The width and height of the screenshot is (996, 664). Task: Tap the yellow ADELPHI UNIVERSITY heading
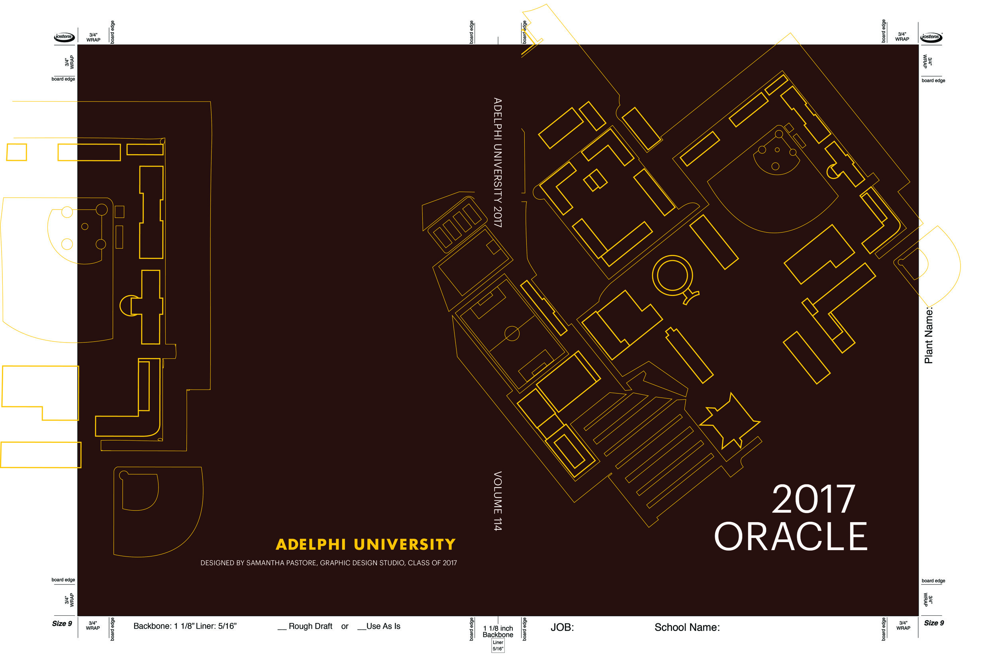(365, 545)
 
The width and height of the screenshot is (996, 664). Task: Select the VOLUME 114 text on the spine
(498, 501)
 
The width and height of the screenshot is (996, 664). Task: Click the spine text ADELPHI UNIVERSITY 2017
(498, 163)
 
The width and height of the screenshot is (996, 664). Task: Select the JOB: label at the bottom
(562, 627)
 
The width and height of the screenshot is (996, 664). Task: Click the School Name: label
(687, 627)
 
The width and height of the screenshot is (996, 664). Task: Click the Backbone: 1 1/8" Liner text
(184, 626)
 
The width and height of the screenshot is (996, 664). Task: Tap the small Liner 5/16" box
(498, 645)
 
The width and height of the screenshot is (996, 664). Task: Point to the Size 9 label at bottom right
(934, 623)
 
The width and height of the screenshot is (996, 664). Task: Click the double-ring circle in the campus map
(672, 276)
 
